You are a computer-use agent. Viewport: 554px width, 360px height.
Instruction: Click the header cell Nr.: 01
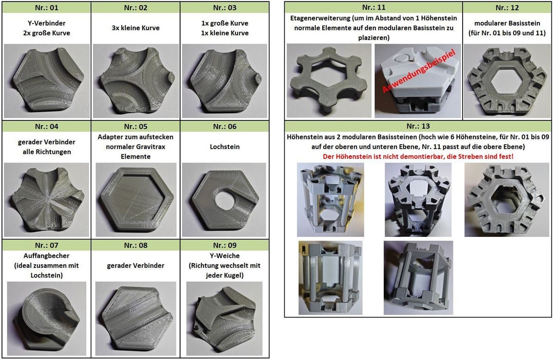click(47, 8)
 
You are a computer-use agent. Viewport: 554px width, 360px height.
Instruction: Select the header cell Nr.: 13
click(418, 126)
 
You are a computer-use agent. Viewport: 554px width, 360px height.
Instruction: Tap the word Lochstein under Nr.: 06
click(224, 147)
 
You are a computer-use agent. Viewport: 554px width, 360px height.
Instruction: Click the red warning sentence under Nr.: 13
click(418, 156)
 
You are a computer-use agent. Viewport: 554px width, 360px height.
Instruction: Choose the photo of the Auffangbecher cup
click(47, 318)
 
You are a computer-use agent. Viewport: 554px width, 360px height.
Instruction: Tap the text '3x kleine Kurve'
click(135, 28)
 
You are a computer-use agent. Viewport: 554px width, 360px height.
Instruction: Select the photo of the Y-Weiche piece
click(224, 318)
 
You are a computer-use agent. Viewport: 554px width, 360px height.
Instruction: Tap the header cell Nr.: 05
click(135, 126)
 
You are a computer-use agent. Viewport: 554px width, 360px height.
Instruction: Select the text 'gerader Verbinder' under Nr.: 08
click(135, 265)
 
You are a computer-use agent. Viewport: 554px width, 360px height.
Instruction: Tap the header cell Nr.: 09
click(224, 245)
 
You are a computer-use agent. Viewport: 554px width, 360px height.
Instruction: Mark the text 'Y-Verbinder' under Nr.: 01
click(47, 23)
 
